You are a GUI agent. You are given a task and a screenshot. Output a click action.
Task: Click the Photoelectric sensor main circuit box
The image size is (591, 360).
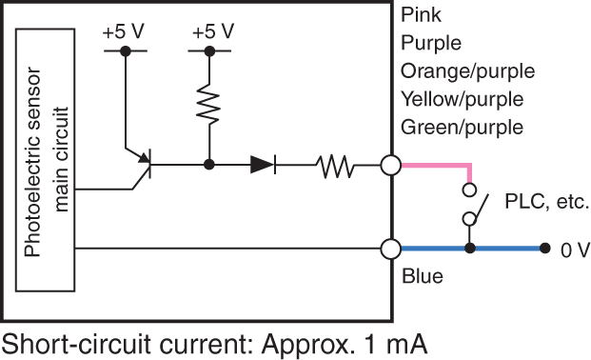[x=49, y=164]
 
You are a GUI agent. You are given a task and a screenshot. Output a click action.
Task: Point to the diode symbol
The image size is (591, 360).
[x=263, y=165]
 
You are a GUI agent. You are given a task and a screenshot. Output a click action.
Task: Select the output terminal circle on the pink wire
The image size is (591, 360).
[x=389, y=166]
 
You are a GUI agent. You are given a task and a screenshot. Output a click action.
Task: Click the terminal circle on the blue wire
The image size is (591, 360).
[x=389, y=249]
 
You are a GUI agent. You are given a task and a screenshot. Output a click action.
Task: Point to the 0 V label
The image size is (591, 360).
[x=575, y=250]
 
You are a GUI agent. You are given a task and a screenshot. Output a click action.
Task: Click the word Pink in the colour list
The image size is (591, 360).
[x=422, y=14]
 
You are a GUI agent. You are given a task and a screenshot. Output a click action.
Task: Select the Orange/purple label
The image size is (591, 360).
[x=467, y=71]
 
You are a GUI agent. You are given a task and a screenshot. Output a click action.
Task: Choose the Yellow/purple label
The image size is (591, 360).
[x=463, y=99]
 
